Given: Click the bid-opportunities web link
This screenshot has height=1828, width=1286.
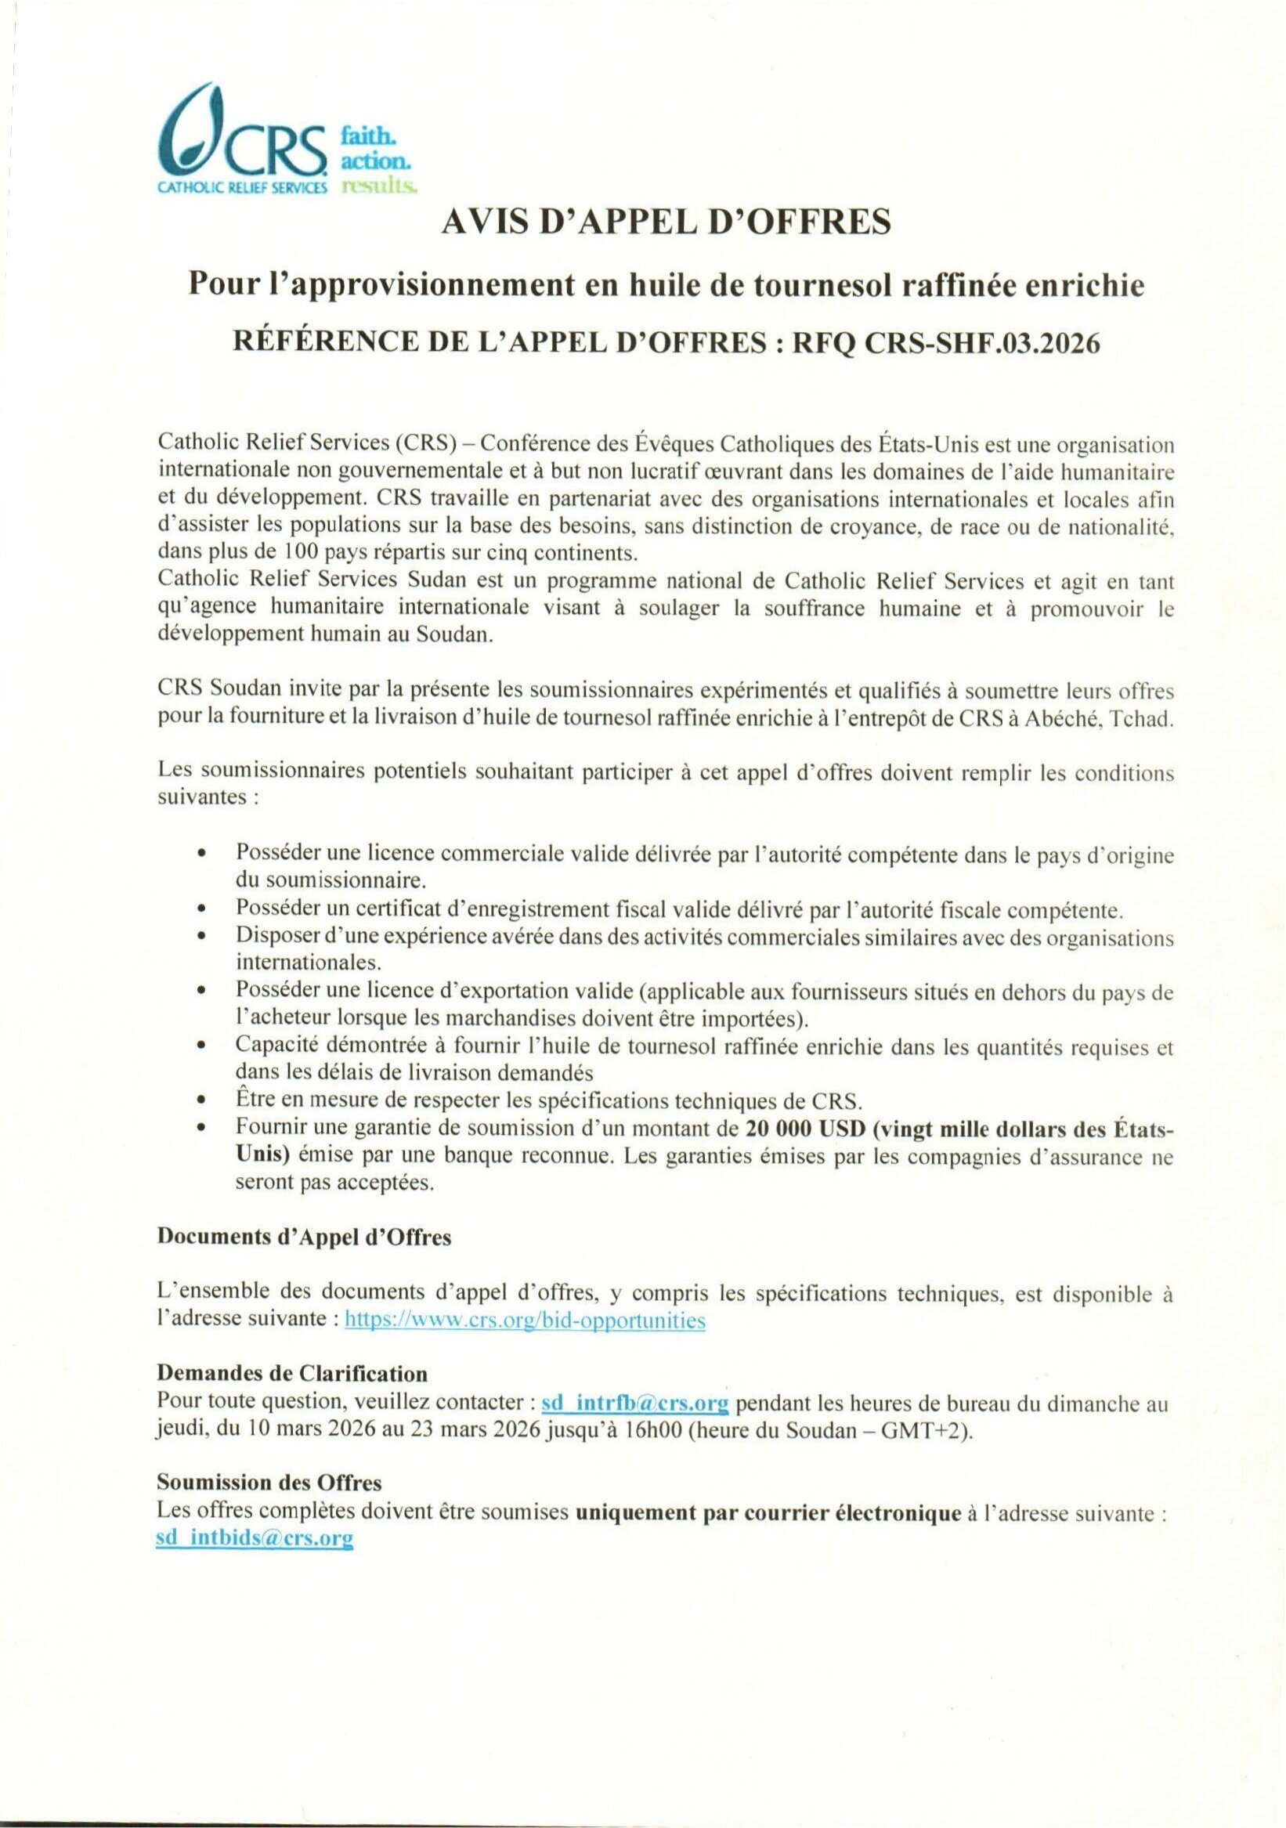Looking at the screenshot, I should pyautogui.click(x=524, y=1320).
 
